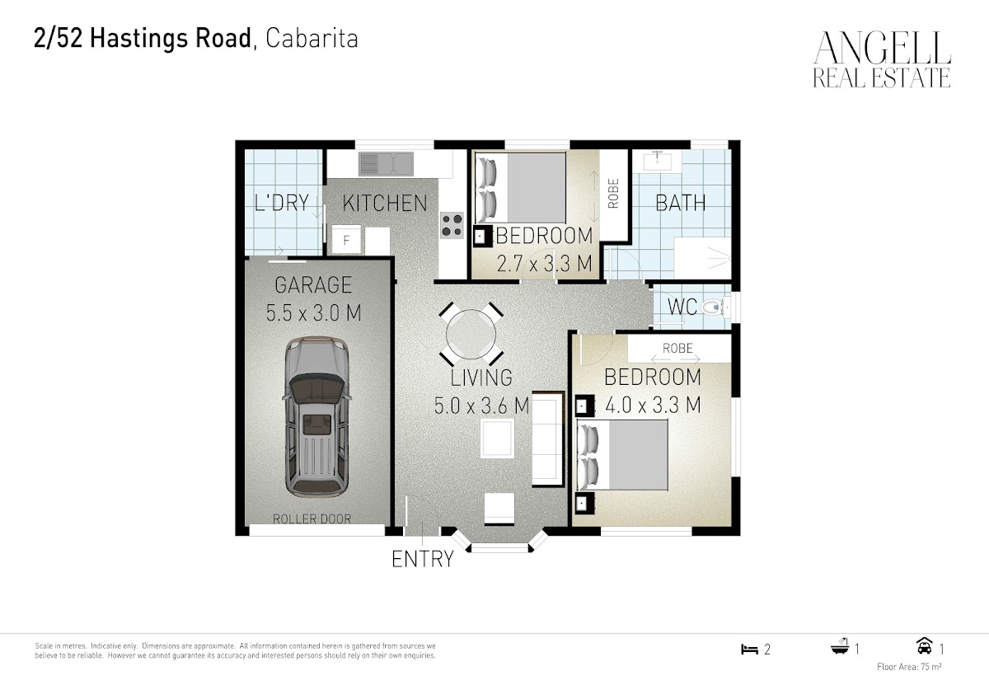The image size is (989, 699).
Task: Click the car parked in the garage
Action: point(316,417)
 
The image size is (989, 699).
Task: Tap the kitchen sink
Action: point(386,163)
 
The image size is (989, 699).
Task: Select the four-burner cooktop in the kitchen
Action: point(452,225)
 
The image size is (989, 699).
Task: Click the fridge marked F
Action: point(346,240)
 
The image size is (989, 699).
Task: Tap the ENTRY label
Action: point(423,559)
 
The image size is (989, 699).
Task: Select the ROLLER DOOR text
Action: point(312,518)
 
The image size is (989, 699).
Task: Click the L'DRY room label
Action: point(282,203)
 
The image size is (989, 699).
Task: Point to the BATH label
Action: point(681,203)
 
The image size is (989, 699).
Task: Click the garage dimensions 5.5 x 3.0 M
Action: point(313,312)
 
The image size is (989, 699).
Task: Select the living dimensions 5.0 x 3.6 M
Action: point(481,406)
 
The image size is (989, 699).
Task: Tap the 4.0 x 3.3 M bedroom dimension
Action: point(653,405)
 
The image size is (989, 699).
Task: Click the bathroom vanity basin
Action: point(657,161)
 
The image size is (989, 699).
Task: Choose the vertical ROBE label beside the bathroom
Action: point(613,194)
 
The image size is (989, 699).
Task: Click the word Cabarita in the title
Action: point(312,39)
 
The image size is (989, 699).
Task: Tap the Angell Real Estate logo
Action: point(882,59)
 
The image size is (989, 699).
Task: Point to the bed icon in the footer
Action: point(749,649)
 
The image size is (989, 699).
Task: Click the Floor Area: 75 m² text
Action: point(909,667)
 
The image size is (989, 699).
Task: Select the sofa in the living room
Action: point(548,439)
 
